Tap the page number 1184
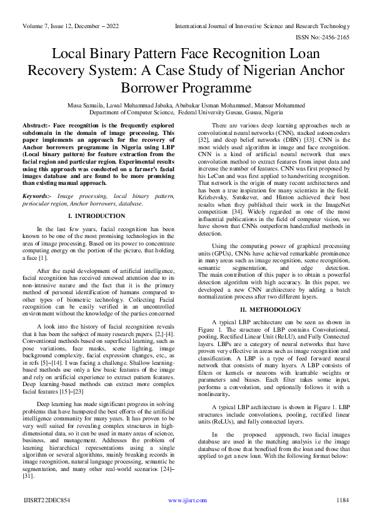(341, 500)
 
